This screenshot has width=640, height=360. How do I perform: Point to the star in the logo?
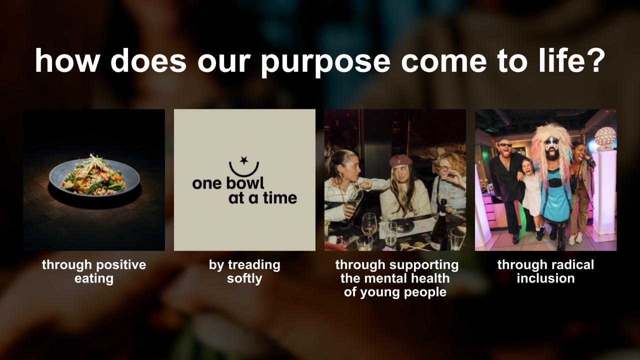point(243,160)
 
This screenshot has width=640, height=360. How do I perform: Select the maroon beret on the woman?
point(400,160)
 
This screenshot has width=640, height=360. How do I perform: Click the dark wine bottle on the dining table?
point(440,225)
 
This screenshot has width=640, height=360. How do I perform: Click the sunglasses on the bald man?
point(506,145)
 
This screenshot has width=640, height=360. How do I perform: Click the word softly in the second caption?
point(244,278)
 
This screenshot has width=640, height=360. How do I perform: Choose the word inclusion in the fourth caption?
point(545,278)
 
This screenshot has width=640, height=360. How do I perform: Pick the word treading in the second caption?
point(254,264)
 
